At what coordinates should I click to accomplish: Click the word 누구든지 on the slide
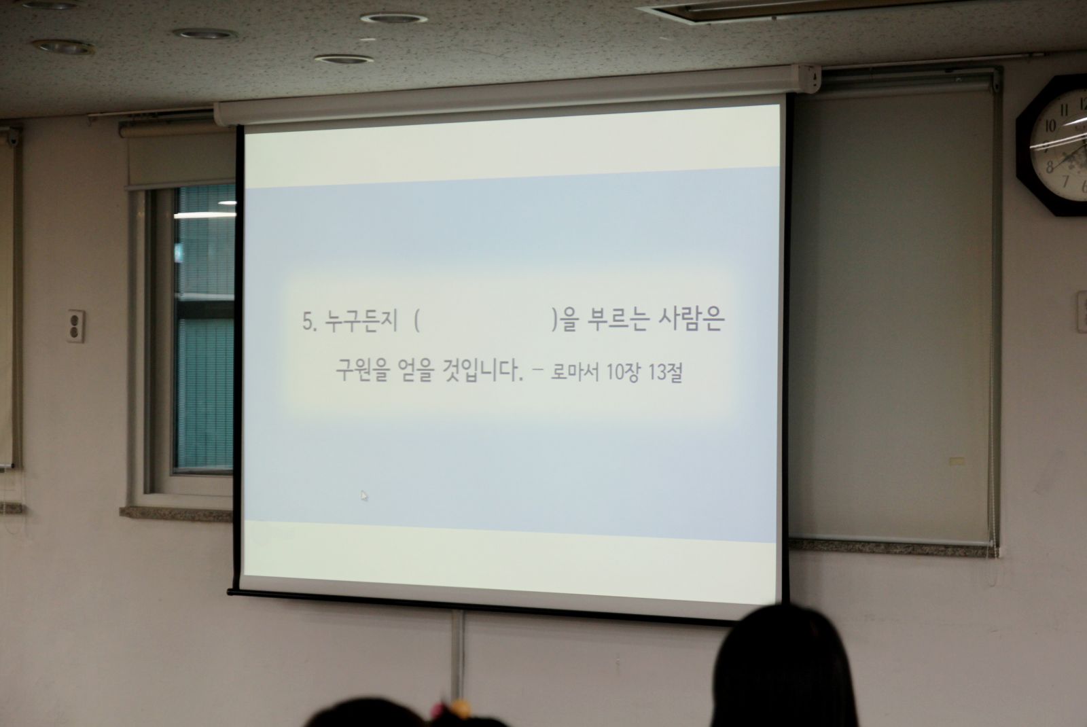coord(361,321)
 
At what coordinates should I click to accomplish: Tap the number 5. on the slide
coord(310,321)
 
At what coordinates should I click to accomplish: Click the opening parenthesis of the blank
coord(417,321)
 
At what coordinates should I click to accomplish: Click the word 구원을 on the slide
coord(363,370)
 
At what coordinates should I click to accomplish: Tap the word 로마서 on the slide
coord(575,372)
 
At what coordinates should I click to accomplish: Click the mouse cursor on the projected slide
coord(364,495)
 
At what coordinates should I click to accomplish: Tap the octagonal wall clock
coord(1053,145)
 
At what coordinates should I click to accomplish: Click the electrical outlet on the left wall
coord(75,326)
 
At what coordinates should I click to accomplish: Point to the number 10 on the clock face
coord(1050,126)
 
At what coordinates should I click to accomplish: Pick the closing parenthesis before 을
coord(554,321)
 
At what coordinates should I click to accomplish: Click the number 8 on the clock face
coord(1050,167)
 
